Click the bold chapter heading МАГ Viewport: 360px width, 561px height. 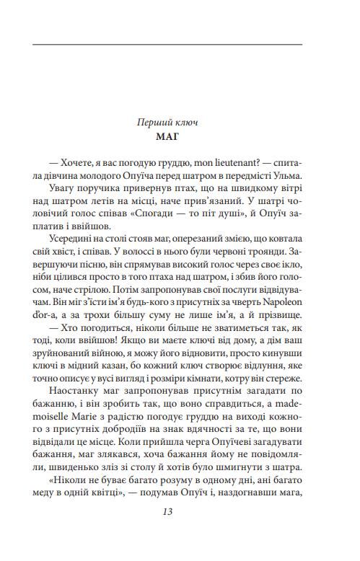(x=167, y=136)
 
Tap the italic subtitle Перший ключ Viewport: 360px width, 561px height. (x=167, y=123)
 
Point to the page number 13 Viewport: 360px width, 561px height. (x=167, y=512)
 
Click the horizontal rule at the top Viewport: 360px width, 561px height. (x=167, y=45)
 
